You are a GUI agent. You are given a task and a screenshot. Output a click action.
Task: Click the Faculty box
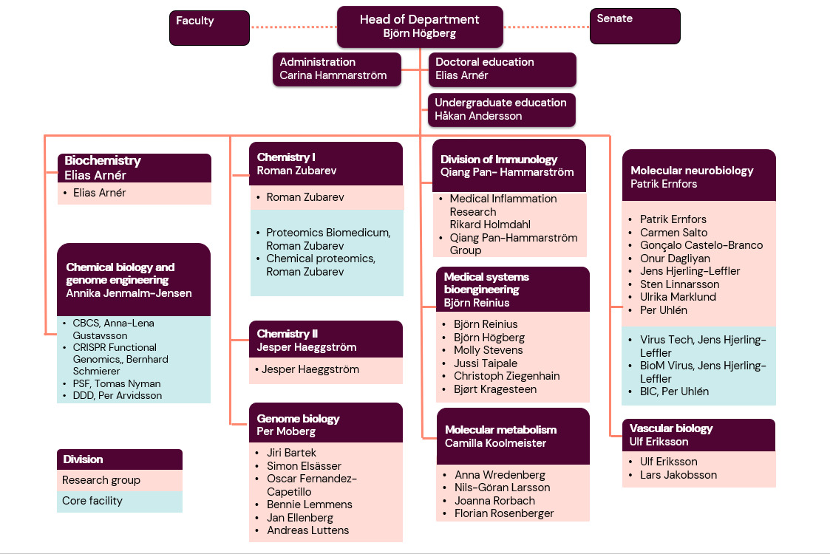point(209,28)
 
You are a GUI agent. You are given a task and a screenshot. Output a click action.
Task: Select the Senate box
point(634,26)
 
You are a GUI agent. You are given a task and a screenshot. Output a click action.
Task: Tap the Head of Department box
point(420,27)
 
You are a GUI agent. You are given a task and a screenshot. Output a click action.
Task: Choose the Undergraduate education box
point(501,109)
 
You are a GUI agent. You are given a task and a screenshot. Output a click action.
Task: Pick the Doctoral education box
point(501,69)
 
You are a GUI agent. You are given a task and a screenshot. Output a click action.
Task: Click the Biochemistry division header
point(134,168)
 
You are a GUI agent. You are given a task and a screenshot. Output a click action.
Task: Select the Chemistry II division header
point(326,341)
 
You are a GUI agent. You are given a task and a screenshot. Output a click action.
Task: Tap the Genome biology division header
point(326,425)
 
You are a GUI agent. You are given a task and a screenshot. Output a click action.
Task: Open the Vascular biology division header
point(698,435)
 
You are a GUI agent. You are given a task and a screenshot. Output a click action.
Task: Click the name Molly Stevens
point(488,350)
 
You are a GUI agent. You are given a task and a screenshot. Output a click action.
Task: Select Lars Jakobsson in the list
point(678,475)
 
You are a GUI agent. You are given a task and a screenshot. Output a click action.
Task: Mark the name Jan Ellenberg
point(299,518)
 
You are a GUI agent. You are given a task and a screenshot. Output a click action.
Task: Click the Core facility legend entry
point(119,501)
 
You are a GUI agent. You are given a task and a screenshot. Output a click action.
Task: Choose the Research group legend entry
point(119,480)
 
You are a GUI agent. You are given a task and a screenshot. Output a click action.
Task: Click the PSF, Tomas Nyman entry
point(116,383)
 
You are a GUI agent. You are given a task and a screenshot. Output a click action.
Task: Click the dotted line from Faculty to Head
point(293,27)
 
